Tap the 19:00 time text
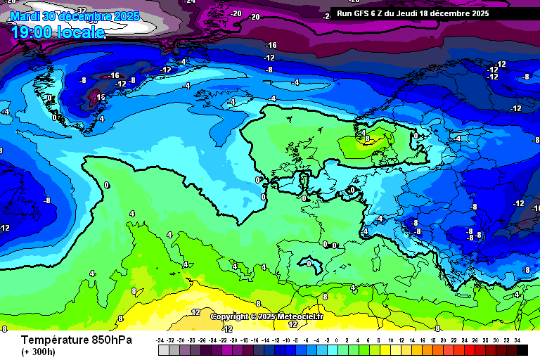click(x=36, y=32)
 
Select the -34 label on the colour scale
click(x=161, y=340)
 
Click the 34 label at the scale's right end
click(x=517, y=340)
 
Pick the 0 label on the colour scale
click(x=340, y=340)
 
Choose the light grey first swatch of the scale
click(x=163, y=349)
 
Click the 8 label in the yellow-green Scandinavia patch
click(x=366, y=139)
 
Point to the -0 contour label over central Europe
click(x=351, y=190)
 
